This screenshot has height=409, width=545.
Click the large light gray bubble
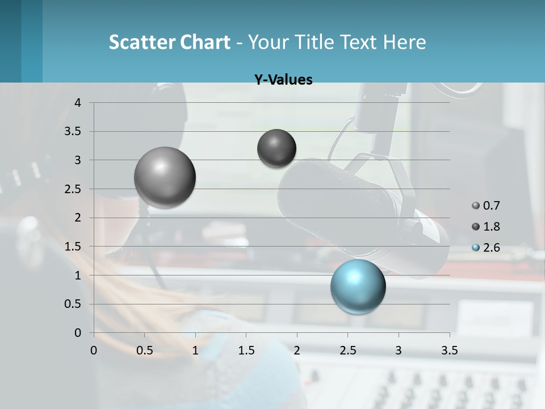165,177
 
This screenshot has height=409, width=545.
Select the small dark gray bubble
276,148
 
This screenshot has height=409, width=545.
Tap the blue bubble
358,286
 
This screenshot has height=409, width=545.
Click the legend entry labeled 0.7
487,206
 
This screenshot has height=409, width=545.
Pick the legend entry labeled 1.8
487,227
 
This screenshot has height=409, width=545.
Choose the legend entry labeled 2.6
487,247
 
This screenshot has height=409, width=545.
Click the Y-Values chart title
283,80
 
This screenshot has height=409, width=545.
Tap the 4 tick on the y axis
78,103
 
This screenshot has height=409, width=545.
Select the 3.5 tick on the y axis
74,131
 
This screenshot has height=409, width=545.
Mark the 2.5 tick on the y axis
74,189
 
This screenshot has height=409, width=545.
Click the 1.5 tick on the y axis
74,247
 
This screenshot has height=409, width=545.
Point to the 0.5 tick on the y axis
74,304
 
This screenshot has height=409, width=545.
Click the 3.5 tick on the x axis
449,350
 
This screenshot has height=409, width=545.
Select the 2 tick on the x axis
297,350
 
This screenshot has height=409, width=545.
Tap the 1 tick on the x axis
195,350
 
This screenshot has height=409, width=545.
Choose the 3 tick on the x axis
399,350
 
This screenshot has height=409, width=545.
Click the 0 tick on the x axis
94,350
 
